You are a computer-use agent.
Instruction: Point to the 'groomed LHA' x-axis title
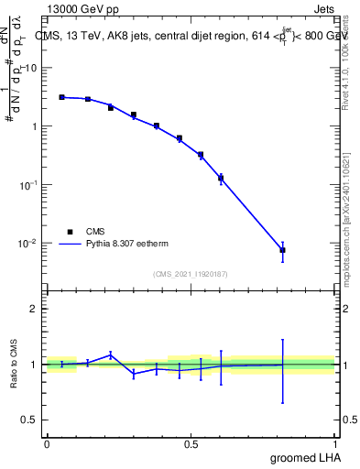coord(304,457)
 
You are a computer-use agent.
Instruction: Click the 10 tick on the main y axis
coord(31,68)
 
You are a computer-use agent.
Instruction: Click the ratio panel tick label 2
coord(34,309)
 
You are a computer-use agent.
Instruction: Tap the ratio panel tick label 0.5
coord(29,420)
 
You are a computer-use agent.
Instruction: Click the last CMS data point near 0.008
coord(283,250)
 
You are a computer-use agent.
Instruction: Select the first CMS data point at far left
coord(61,96)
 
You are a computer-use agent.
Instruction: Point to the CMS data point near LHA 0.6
coord(221,179)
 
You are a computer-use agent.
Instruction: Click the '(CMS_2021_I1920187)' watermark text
coord(191,274)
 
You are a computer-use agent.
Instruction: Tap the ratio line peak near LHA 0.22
coord(111,354)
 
